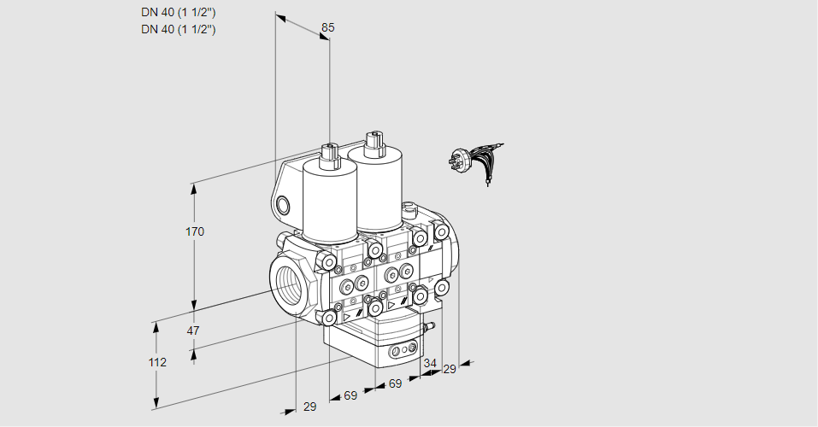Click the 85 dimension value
tap(327, 27)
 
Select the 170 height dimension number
tap(196, 231)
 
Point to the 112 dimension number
tap(156, 362)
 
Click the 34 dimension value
tap(429, 364)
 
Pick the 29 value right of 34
tap(450, 369)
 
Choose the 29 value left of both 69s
tap(309, 407)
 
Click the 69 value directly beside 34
tap(395, 384)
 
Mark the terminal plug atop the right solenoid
tap(372, 140)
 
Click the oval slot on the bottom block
tap(402, 350)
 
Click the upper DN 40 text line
tap(178, 13)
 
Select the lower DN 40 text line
tap(178, 29)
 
